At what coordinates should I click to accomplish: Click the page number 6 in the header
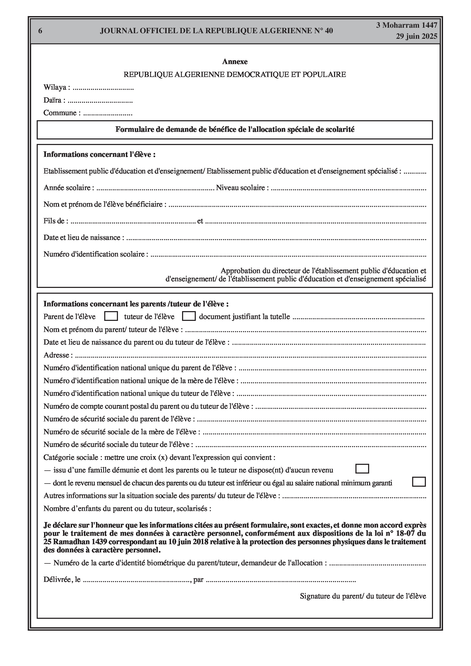coord(40,31)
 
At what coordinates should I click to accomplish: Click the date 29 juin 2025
coord(416,37)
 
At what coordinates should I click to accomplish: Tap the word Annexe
coord(235,62)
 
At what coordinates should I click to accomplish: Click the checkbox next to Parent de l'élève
coord(111,316)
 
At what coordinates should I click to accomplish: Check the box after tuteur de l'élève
coord(189,316)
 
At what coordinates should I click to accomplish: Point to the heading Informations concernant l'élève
coord(99,155)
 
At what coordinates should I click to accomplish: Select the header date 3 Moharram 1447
coord(407,26)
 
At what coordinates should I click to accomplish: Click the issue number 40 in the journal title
coord(329,31)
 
